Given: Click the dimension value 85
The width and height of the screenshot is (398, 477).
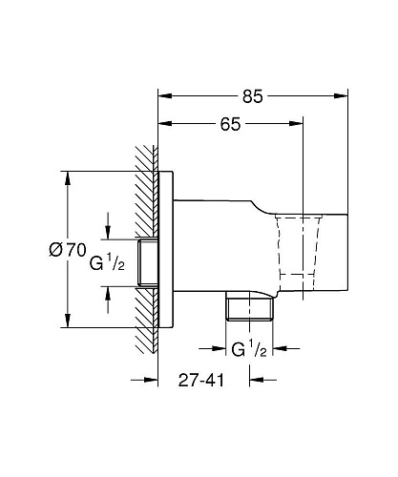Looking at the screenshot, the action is tap(253, 96).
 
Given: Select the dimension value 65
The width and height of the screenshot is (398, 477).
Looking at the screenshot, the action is tap(231, 124).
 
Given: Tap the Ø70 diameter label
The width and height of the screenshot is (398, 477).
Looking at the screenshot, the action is tap(68, 250).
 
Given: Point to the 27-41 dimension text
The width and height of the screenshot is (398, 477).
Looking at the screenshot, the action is tap(201, 380).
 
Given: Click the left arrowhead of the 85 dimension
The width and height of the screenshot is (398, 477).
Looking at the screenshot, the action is tap(165, 96).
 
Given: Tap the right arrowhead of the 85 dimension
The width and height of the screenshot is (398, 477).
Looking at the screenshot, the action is tap(341, 96).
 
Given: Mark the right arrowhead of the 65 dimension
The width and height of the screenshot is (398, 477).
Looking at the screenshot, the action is tap(296, 124).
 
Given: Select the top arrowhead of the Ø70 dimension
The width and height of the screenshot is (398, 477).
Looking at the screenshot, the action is tap(68, 178).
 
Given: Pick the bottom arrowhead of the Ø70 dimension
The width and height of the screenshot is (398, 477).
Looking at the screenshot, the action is tap(68, 321).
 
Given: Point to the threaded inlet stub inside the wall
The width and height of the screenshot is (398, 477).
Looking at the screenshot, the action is tap(148, 262).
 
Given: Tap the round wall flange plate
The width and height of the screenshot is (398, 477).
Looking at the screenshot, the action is tap(166, 250).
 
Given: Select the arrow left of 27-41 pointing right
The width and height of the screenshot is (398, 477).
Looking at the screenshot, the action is tap(145, 380).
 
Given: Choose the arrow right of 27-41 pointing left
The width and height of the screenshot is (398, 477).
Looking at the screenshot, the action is tap(262, 380).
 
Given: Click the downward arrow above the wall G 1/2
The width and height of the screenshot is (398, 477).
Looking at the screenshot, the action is tap(108, 226).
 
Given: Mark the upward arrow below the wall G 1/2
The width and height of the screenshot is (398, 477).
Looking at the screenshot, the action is tap(108, 300).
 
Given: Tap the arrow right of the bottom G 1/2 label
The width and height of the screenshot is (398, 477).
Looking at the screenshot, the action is tap(286, 348).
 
